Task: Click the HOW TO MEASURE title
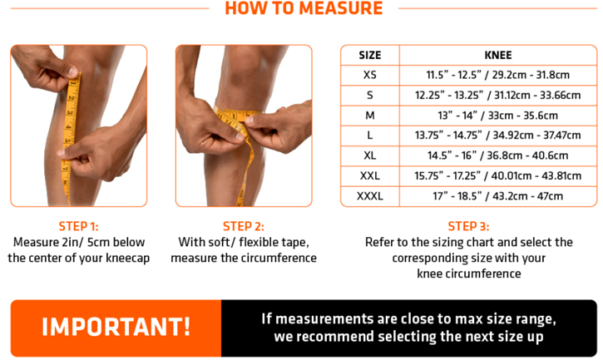(x=304, y=8)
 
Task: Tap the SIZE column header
(x=370, y=56)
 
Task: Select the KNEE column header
(x=498, y=56)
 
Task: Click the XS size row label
(x=370, y=75)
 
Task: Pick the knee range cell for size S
(x=498, y=95)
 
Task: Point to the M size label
(x=370, y=116)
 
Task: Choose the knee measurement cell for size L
(x=498, y=136)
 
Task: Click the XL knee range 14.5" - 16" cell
(x=498, y=155)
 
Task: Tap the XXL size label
(x=370, y=175)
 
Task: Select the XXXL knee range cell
(x=498, y=196)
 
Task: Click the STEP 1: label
(x=78, y=226)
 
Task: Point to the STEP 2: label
(x=244, y=226)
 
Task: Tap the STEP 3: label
(x=468, y=226)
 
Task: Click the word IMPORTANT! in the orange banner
(x=116, y=328)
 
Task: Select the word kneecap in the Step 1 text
(x=128, y=258)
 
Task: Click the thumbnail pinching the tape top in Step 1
(x=72, y=72)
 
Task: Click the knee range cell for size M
(x=498, y=116)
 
